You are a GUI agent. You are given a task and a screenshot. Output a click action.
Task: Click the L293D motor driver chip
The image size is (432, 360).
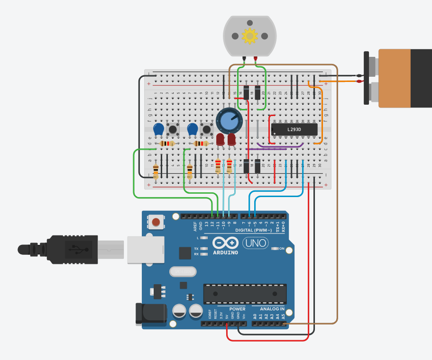click(294, 129)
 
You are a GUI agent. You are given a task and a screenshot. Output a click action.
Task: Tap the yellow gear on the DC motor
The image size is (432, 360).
click(249, 36)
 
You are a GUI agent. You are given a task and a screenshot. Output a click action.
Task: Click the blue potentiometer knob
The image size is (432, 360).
click(229, 120)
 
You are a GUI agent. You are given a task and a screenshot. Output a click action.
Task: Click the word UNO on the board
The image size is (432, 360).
click(255, 243)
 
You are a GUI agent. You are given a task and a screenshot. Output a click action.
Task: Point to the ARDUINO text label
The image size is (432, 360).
click(226, 252)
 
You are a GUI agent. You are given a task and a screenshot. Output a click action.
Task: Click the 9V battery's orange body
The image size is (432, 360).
click(395, 78)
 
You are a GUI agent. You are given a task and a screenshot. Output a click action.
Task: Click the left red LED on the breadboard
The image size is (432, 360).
click(220, 139)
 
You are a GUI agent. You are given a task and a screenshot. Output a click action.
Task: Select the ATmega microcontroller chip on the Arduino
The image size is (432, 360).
click(245, 294)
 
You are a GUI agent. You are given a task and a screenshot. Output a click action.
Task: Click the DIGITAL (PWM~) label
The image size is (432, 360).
click(254, 230)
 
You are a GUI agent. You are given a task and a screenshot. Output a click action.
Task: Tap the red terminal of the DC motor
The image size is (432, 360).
click(256, 59)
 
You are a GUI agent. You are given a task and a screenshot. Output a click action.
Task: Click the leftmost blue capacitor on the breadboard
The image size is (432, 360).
click(159, 129)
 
